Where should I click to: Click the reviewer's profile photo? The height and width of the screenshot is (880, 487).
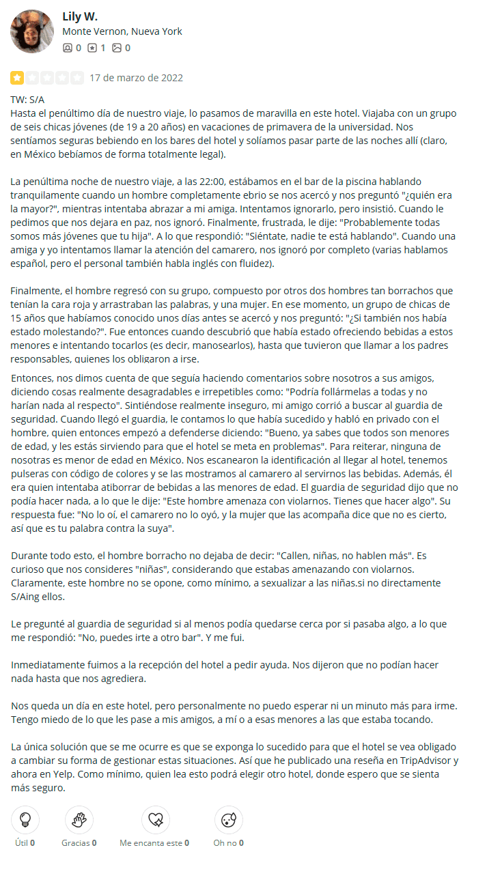pyautogui.click(x=32, y=31)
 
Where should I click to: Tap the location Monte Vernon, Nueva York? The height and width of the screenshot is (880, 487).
pyautogui.click(x=122, y=31)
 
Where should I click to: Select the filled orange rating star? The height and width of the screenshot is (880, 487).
pyautogui.click(x=16, y=78)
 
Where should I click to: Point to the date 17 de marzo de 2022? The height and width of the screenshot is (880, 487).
pyautogui.click(x=136, y=78)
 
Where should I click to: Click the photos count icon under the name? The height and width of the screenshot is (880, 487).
pyautogui.click(x=117, y=48)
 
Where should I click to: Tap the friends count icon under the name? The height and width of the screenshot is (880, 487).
pyautogui.click(x=67, y=48)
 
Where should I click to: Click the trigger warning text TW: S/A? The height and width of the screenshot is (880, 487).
pyautogui.click(x=27, y=100)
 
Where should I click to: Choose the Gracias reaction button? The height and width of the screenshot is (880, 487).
pyautogui.click(x=79, y=820)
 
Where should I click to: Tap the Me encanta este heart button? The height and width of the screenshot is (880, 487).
pyautogui.click(x=155, y=820)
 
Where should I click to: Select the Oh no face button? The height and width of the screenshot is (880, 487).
pyautogui.click(x=228, y=820)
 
